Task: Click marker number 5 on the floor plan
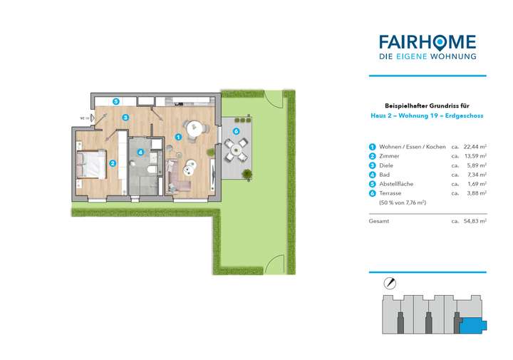[115, 102]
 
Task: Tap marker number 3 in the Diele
[125, 118]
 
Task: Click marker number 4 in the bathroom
[140, 152]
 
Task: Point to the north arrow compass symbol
[389, 282]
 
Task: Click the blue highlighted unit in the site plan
[471, 325]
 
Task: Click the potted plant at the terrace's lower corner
[247, 173]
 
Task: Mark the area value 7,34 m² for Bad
[477, 175]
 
